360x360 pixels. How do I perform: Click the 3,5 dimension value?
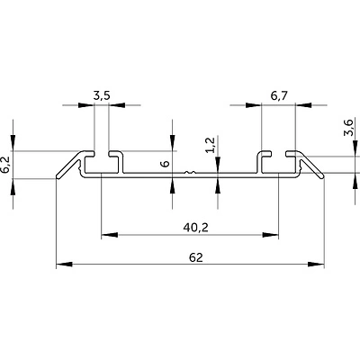point(102,96)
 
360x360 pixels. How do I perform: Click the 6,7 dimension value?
point(279,96)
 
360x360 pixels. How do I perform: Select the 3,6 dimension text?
point(349,128)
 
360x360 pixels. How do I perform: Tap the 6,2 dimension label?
point(5,165)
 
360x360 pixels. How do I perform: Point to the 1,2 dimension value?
point(211,145)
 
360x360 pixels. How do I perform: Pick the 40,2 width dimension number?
point(195,228)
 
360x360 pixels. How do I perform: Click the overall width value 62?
point(196,257)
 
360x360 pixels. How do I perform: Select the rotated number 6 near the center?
point(166,164)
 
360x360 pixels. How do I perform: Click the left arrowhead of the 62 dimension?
point(64,264)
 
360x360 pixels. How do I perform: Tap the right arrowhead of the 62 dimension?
point(316,264)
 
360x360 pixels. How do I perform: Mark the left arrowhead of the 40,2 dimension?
point(110,235)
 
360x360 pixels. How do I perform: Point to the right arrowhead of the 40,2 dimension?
point(270,235)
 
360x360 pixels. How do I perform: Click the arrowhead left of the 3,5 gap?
point(86,105)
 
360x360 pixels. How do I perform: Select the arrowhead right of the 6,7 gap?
point(303,105)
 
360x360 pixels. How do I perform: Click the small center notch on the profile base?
point(190,173)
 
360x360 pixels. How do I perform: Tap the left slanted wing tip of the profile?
point(58,177)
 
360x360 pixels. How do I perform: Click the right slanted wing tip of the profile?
point(323,177)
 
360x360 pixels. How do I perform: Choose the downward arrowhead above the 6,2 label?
point(13,143)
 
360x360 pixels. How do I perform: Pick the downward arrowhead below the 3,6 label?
point(355,148)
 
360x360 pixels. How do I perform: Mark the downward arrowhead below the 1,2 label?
point(218,165)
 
